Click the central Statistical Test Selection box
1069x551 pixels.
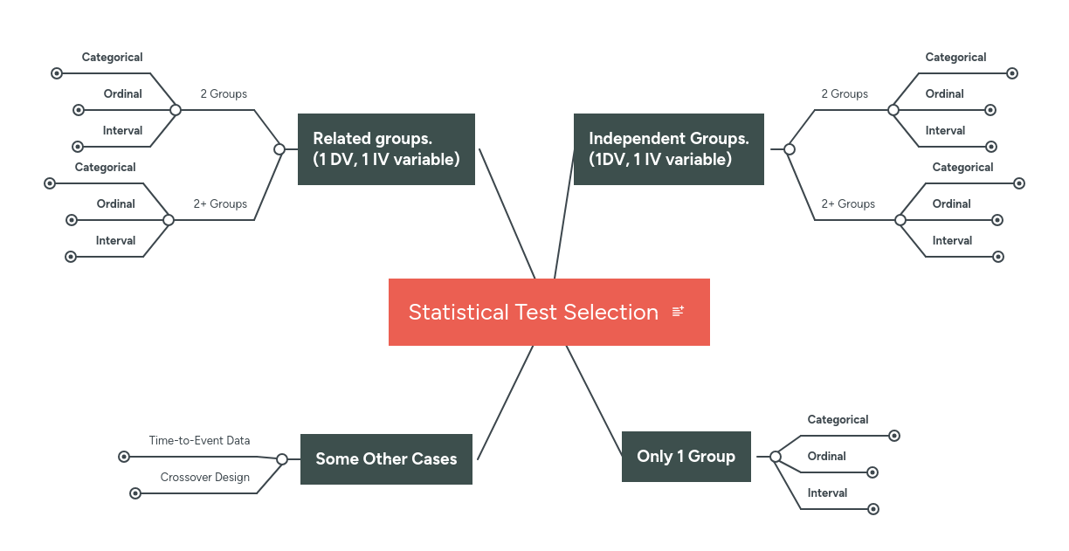[533, 312]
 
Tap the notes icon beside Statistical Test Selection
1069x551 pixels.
[679, 312]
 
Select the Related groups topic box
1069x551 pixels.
[386, 149]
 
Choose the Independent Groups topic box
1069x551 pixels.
[668, 149]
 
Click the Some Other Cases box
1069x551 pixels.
[386, 459]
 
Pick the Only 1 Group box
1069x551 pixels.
[686, 457]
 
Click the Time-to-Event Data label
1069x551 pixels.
[199, 441]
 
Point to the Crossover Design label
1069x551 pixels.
[205, 478]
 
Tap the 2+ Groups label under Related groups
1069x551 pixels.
[220, 204]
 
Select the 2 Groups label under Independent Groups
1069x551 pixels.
[845, 94]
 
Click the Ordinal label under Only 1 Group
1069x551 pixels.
[826, 457]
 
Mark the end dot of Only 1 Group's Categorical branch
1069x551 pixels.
[893, 436]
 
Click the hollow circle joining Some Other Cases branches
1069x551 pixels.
[282, 459]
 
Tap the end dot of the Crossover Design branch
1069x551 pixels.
[135, 493]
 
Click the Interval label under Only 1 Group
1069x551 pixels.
[827, 493]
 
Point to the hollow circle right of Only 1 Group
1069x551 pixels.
[776, 457]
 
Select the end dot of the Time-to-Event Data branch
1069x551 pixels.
[124, 457]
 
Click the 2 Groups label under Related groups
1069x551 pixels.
[224, 94]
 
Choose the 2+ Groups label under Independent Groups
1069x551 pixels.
[848, 204]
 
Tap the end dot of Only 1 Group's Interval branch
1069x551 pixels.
[873, 509]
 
